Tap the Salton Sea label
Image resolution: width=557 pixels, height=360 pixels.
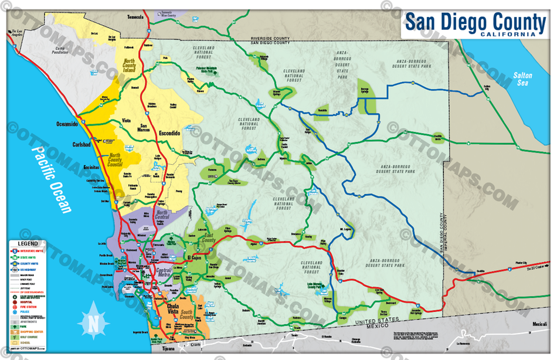pos(522,79)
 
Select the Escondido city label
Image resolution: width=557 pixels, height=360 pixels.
pos(167,134)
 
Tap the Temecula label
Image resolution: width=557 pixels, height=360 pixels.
pos(135,17)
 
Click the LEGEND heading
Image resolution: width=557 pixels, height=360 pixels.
pos(28,243)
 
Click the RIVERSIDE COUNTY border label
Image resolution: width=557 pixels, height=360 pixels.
pos(270,37)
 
